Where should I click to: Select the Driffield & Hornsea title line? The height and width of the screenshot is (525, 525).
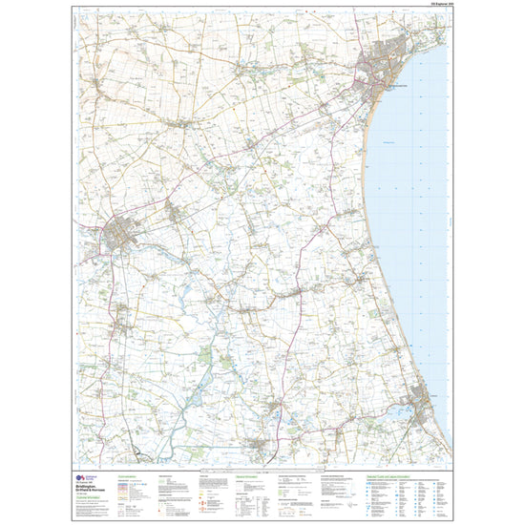click(x=99, y=489)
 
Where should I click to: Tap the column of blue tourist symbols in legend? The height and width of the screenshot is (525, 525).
click(x=372, y=496)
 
